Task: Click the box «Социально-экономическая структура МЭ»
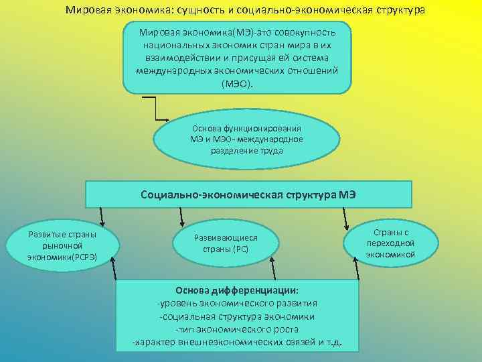click(x=248, y=194)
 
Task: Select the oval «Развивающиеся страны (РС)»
click(x=226, y=243)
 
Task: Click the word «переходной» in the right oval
click(x=391, y=243)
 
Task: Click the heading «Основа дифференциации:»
click(x=237, y=290)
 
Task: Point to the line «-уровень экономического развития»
click(x=237, y=303)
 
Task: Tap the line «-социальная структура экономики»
click(x=237, y=316)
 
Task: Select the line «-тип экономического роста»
click(x=237, y=330)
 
